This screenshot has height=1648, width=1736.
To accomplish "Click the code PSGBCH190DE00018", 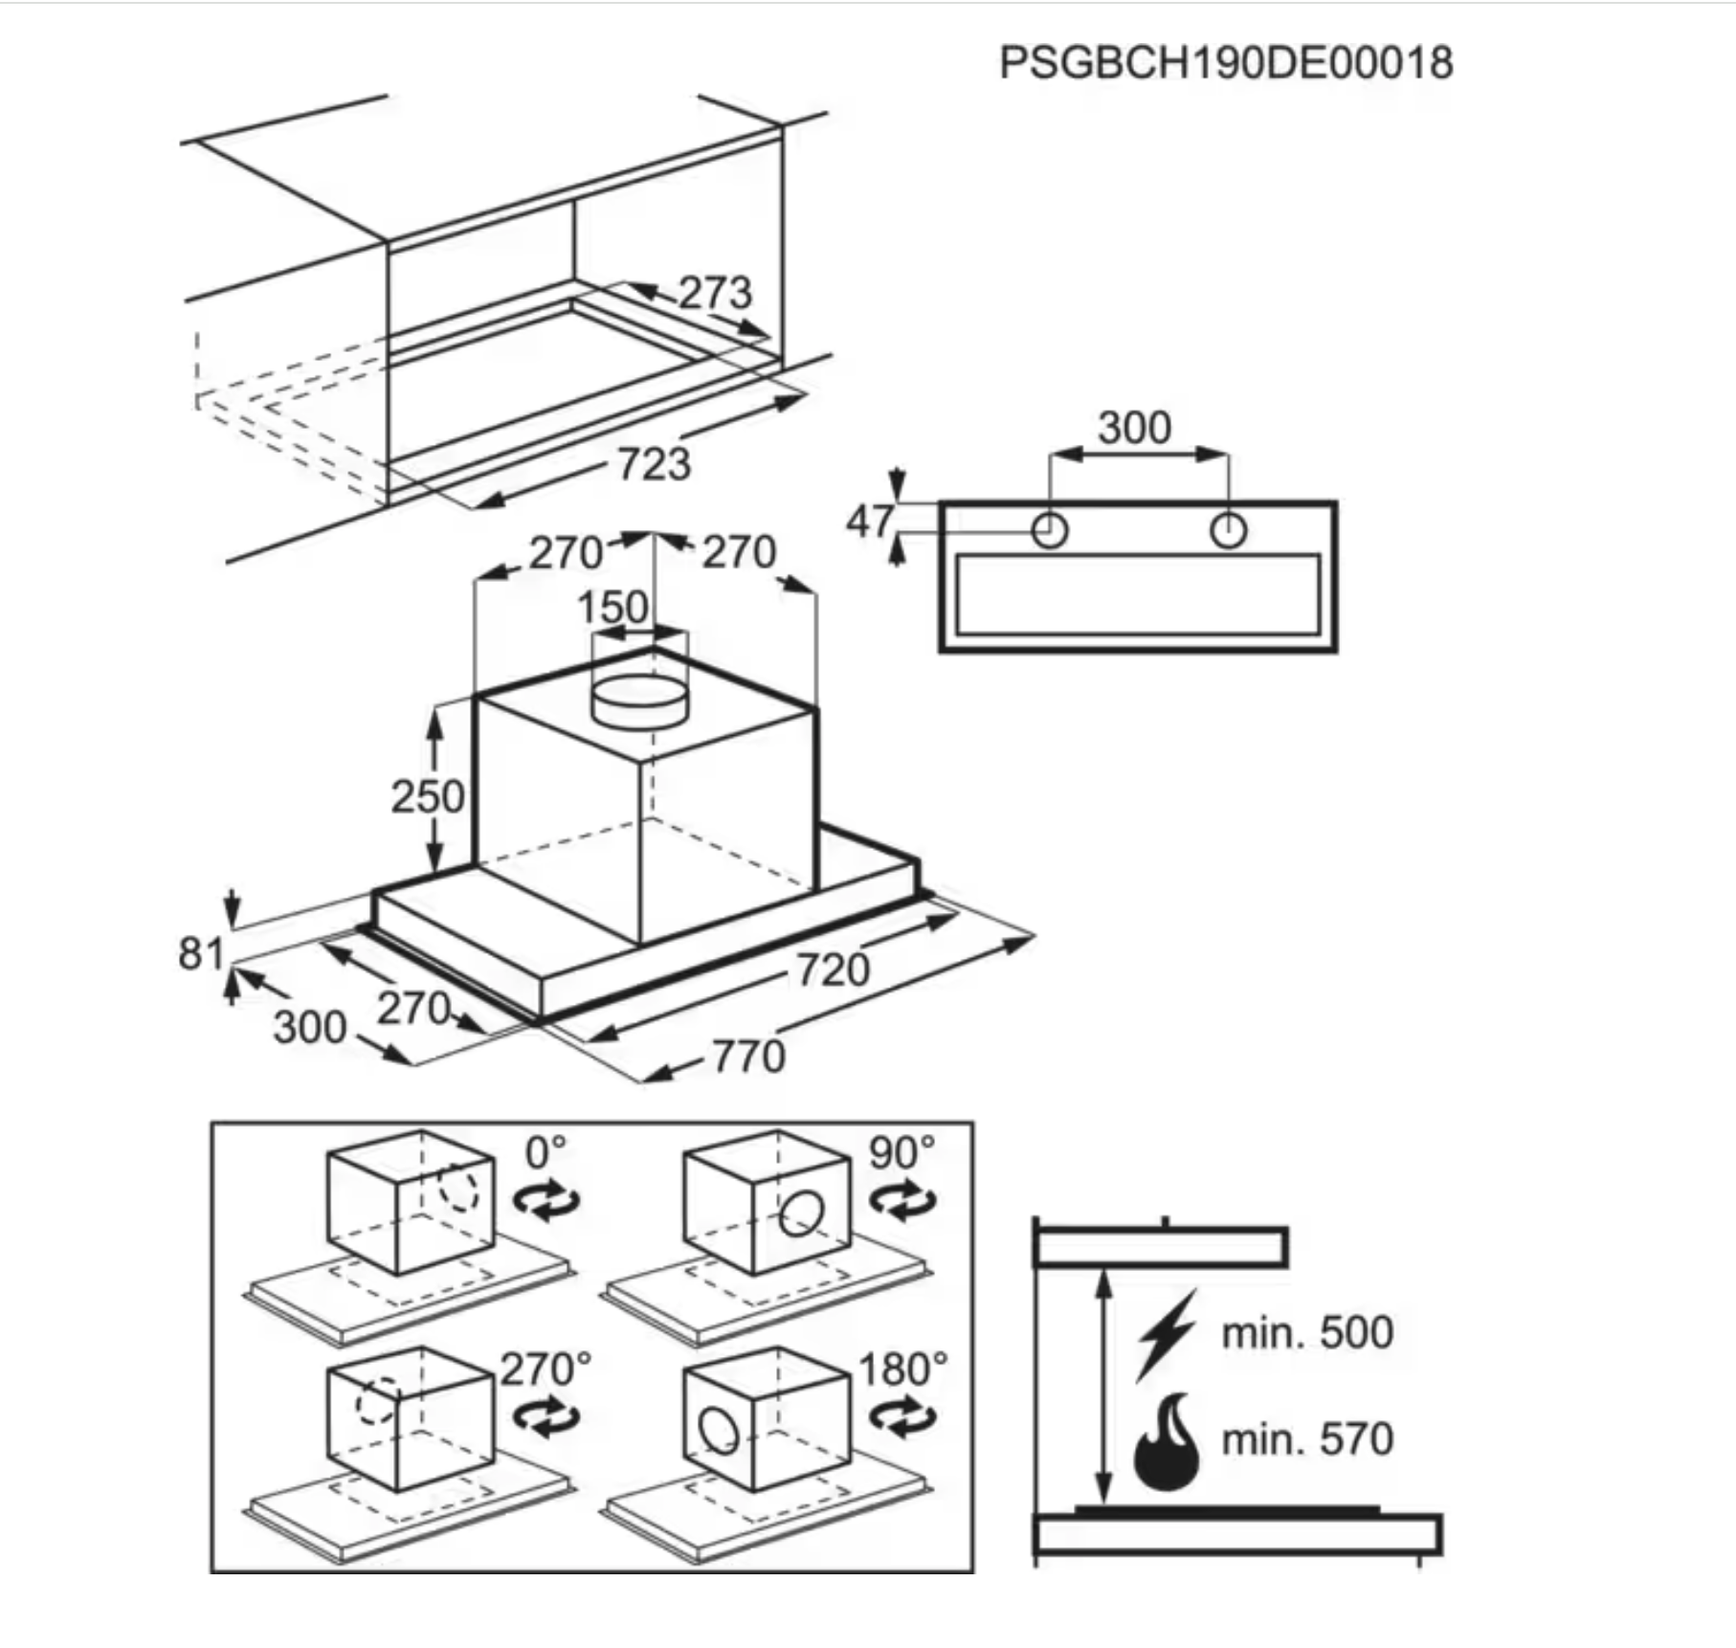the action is coord(1226,63).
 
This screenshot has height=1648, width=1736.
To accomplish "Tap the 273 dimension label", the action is coord(716,292).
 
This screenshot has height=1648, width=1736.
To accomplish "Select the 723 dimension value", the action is coord(654,464).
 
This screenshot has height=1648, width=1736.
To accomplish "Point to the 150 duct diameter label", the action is coord(612,608).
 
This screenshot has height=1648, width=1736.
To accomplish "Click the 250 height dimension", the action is coord(428,796).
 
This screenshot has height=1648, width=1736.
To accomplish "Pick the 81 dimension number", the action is coord(201,953).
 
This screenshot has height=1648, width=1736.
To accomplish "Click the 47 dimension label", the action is coord(870,523).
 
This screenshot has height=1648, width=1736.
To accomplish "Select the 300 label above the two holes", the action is coord(1134,428).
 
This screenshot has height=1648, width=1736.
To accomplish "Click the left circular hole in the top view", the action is coord(1050,530).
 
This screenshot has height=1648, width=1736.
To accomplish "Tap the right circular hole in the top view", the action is coord(1228,530).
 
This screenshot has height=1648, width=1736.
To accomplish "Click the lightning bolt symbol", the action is coord(1167,1335).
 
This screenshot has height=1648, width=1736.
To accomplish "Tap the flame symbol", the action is coord(1166,1441).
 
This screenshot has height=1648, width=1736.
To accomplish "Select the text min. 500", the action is coord(1307,1332).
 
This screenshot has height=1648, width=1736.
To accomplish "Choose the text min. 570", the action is coord(1307,1439).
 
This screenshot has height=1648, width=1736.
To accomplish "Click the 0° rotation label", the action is coord(545,1152).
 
